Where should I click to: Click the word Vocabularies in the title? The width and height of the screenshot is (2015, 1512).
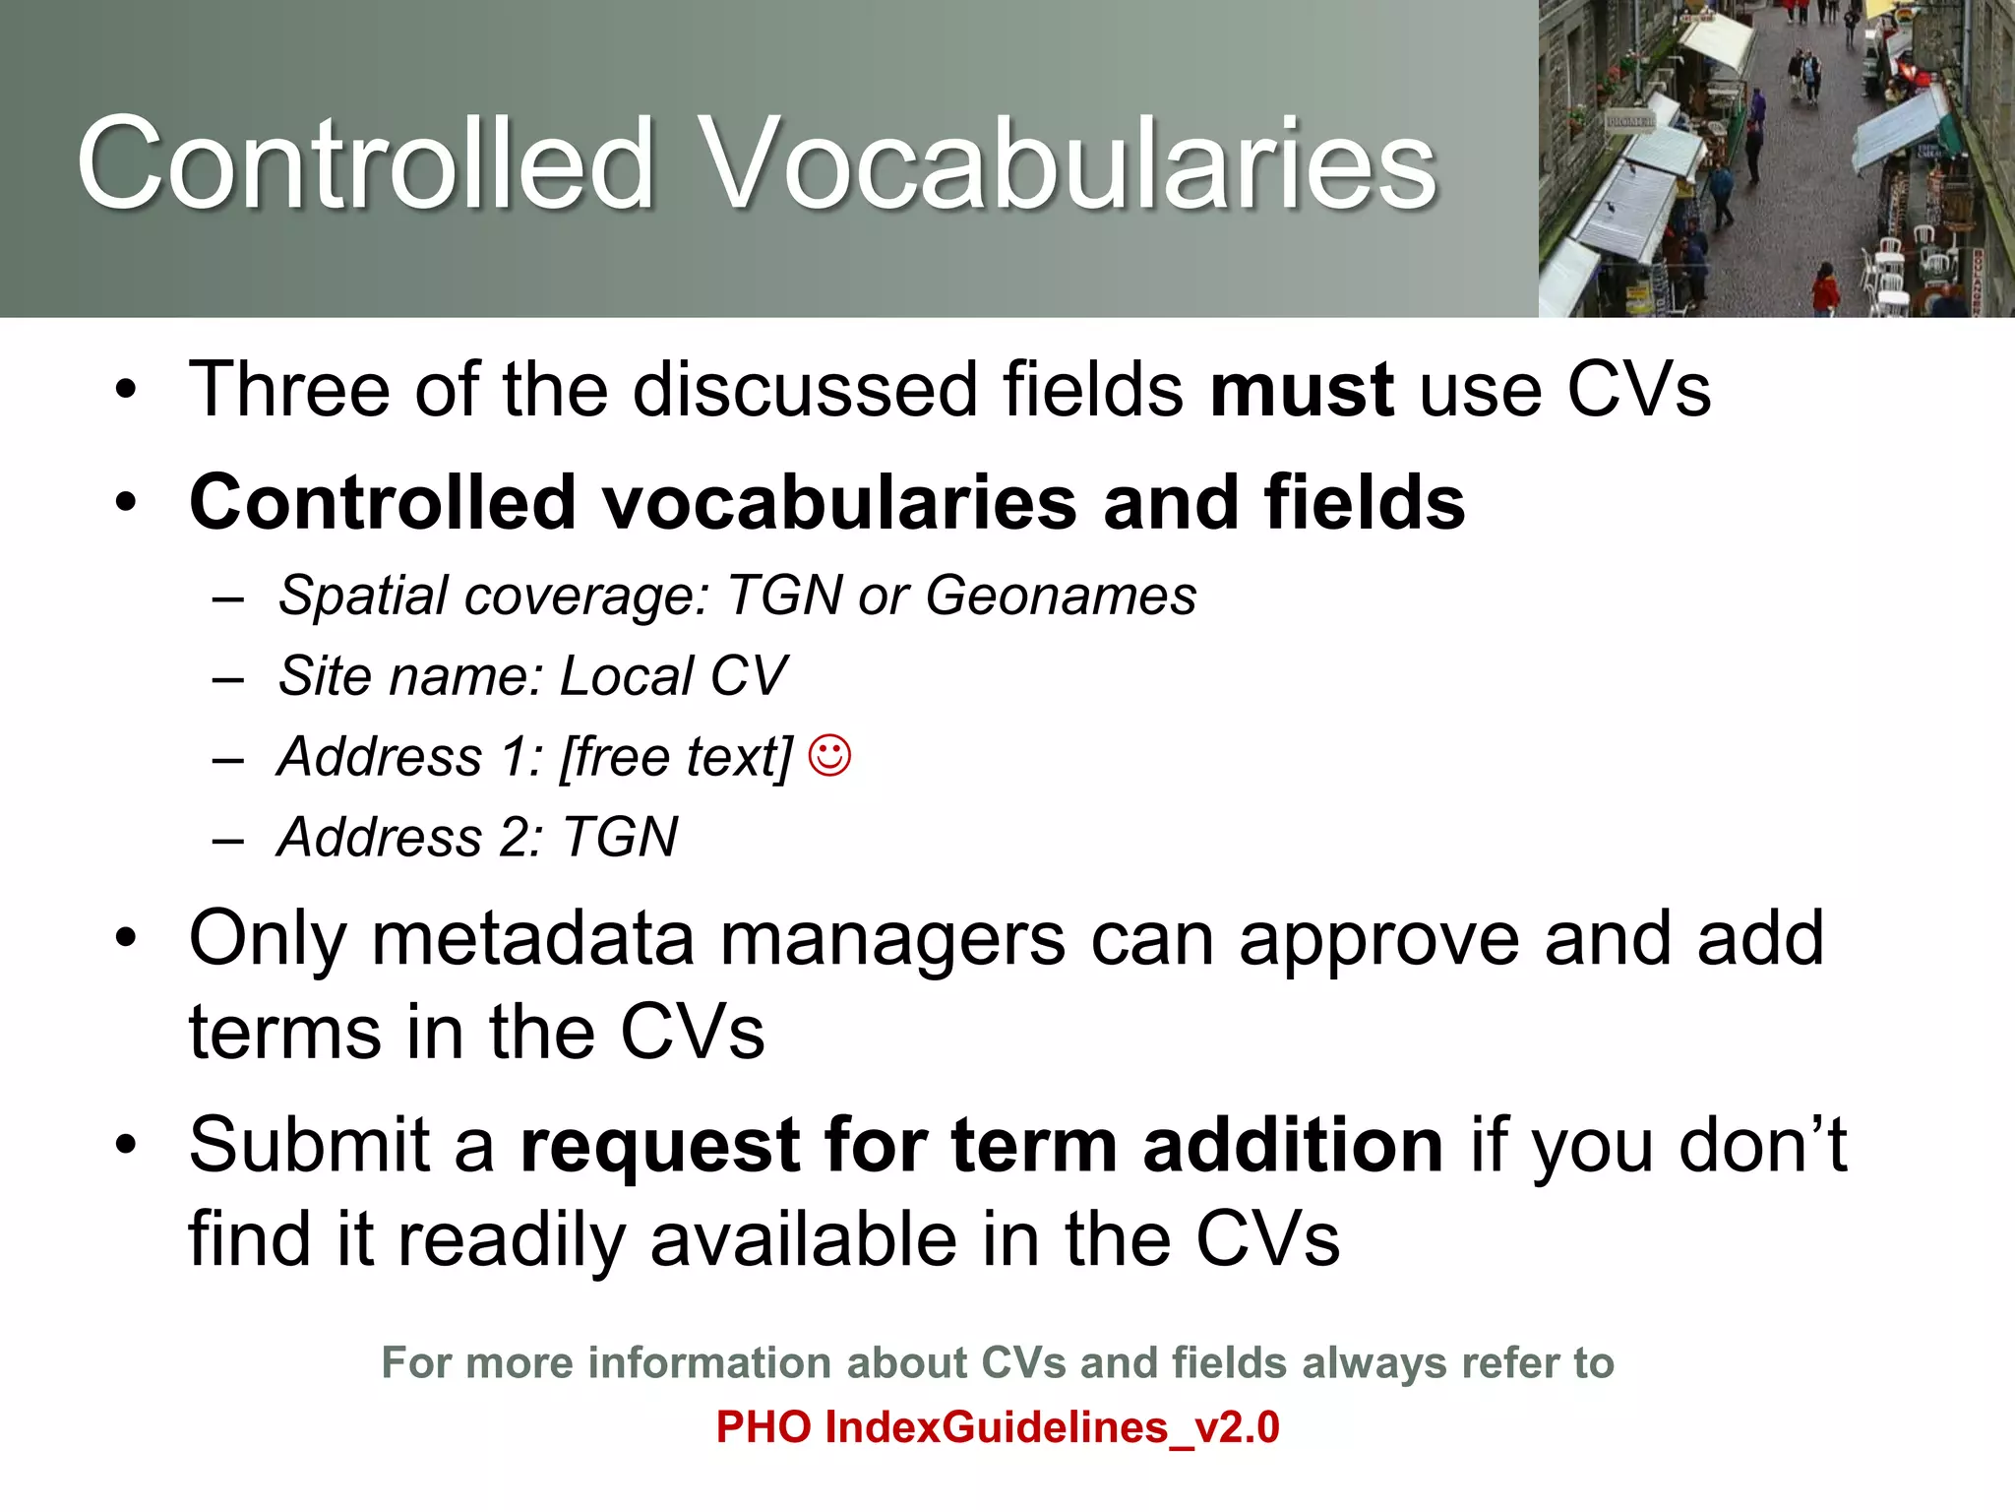coord(1068,164)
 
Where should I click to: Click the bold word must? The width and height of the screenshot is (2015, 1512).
coord(1301,391)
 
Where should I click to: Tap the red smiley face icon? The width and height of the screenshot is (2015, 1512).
coord(829,756)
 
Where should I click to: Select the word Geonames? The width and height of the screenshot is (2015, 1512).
coord(1061,597)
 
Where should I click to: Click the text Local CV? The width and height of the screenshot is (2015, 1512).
coord(673,677)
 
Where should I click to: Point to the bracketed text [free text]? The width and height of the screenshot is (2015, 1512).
coord(675,758)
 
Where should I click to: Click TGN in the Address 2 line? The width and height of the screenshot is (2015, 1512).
coord(619,839)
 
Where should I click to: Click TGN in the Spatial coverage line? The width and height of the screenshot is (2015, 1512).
coord(784,597)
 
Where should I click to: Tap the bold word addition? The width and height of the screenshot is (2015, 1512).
coord(1292,1146)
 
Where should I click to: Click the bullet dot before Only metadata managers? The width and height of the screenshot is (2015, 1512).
coord(125,939)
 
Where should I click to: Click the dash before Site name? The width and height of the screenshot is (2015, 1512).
coord(227,678)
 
